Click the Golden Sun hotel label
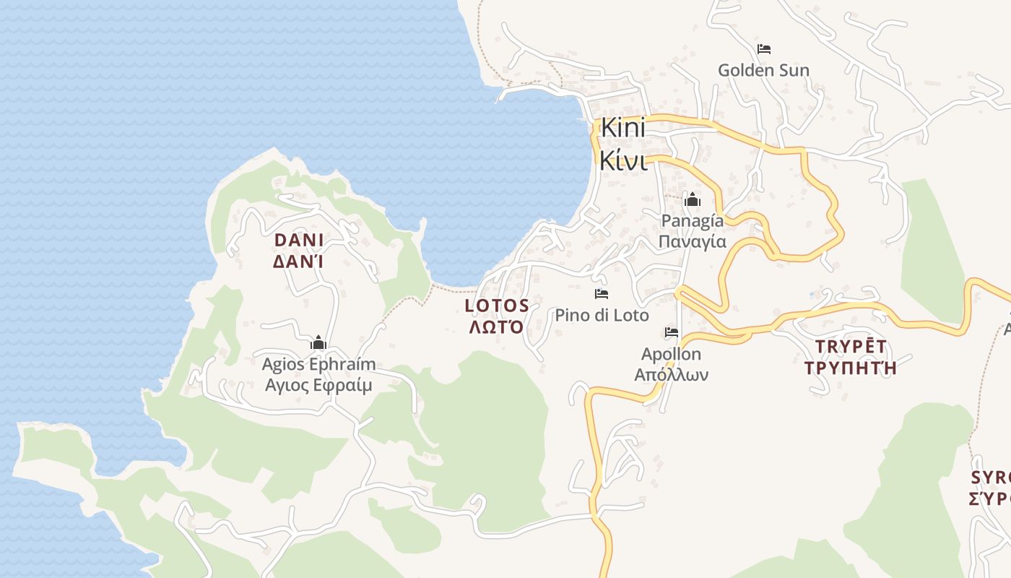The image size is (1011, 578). [x=763, y=70]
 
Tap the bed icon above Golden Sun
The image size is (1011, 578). [x=764, y=49]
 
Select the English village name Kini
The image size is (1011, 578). [x=622, y=129]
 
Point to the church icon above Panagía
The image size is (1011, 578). [x=693, y=199]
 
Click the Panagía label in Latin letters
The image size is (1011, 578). [x=693, y=220]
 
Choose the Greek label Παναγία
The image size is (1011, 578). [x=693, y=241]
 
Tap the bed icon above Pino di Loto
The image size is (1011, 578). [x=602, y=293]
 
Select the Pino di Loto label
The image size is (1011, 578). [x=602, y=315]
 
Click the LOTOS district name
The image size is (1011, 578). [x=497, y=306]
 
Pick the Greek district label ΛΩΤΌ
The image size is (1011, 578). [x=497, y=327]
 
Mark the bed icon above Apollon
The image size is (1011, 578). [x=672, y=332]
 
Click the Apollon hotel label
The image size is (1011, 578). [x=671, y=354]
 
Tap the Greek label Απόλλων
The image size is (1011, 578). [x=671, y=374]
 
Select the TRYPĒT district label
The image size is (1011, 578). [x=851, y=346]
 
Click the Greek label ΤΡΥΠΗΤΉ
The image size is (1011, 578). [x=851, y=368]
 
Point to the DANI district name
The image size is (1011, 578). [x=298, y=240]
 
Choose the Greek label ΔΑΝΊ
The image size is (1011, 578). [x=298, y=262]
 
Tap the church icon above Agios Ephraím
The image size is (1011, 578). [x=318, y=343]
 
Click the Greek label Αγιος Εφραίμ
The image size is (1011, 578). [x=318, y=385]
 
